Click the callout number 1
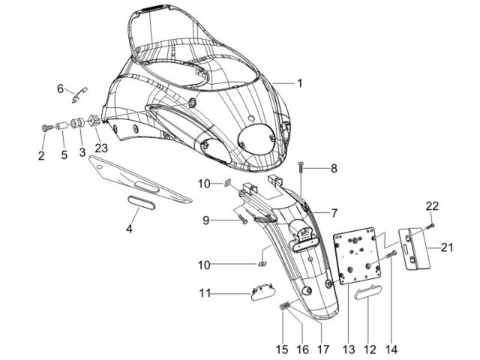point(300,83)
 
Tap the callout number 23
point(101,148)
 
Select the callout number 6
point(60,88)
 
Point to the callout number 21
point(447,247)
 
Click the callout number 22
point(432,206)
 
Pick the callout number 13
point(349,349)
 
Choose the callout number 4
point(129,228)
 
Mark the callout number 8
point(334,168)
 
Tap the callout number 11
point(205,293)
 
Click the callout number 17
point(323,349)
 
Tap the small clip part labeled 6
point(79,94)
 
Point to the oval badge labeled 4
point(141,203)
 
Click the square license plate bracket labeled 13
point(357,256)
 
